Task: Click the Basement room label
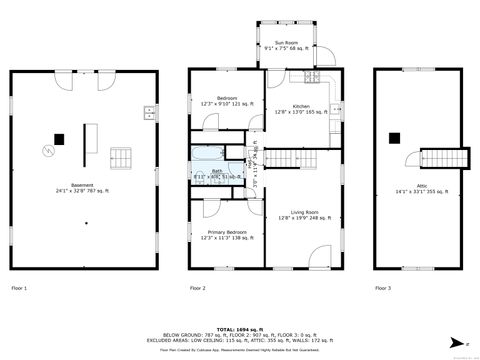point(88,187)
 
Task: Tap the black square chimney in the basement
point(59,139)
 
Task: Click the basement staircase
point(120,158)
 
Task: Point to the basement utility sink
point(148,111)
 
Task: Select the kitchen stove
point(312,78)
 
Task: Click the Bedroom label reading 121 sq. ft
point(227,100)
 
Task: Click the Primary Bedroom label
point(227,234)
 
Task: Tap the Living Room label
point(304,214)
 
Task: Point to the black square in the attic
point(395,138)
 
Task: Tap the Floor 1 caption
point(19,288)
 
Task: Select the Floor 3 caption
point(384,288)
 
